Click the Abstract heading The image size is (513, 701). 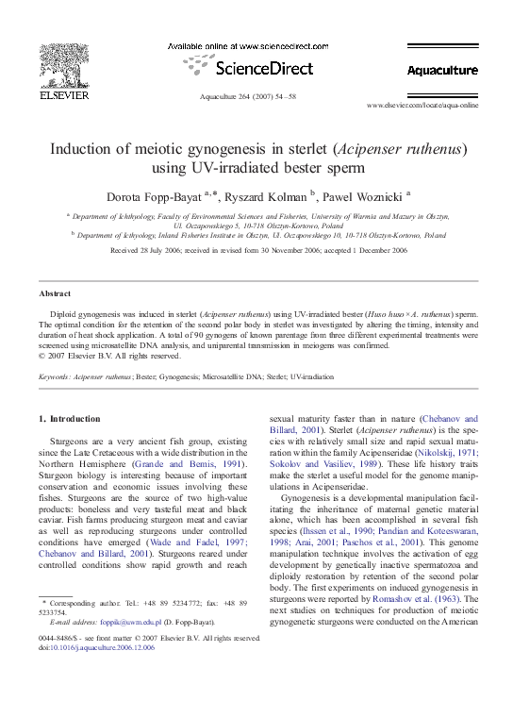(55, 293)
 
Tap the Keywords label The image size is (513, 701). (57, 376)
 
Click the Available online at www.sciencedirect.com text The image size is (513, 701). (247, 46)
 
